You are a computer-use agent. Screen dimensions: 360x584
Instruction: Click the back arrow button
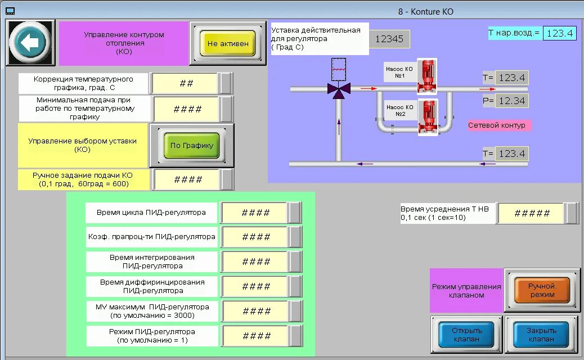[30, 43]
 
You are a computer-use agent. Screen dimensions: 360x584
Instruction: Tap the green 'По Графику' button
[192, 145]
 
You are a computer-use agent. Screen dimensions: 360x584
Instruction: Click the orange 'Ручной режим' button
[542, 290]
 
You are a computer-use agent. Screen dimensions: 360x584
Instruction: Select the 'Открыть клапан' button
[467, 335]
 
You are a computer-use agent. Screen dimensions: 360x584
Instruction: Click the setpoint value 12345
[389, 39]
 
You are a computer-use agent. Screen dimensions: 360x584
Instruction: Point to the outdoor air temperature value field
[560, 33]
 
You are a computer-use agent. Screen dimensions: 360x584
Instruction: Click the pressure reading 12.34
[511, 101]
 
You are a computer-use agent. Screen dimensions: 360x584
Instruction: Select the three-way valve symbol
[339, 89]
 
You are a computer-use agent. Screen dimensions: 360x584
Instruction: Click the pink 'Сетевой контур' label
[497, 125]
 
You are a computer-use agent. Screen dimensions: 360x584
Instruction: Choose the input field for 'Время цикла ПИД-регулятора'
[256, 213]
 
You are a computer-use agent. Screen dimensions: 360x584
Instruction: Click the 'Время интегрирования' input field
[256, 262]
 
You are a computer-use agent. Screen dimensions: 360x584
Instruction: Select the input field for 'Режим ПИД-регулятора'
[256, 336]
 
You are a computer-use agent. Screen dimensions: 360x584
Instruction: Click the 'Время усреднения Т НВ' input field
[532, 213]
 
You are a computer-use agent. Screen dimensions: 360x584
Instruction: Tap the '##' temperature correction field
[186, 83]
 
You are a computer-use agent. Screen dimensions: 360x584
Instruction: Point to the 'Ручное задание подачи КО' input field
[188, 180]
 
